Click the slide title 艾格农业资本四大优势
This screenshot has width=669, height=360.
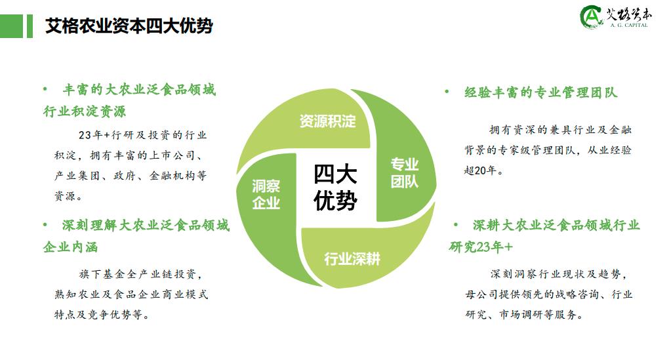(129, 26)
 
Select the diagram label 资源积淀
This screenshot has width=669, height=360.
(327, 121)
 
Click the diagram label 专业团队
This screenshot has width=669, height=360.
(405, 172)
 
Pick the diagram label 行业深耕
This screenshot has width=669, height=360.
(352, 258)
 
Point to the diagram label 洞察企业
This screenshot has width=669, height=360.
(266, 195)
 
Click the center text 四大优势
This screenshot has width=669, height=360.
(334, 188)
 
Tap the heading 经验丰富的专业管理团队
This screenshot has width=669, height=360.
(540, 92)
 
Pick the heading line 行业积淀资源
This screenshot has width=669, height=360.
(85, 111)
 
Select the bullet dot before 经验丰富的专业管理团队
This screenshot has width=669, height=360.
(447, 92)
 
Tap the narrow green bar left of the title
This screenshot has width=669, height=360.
(30, 26)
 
